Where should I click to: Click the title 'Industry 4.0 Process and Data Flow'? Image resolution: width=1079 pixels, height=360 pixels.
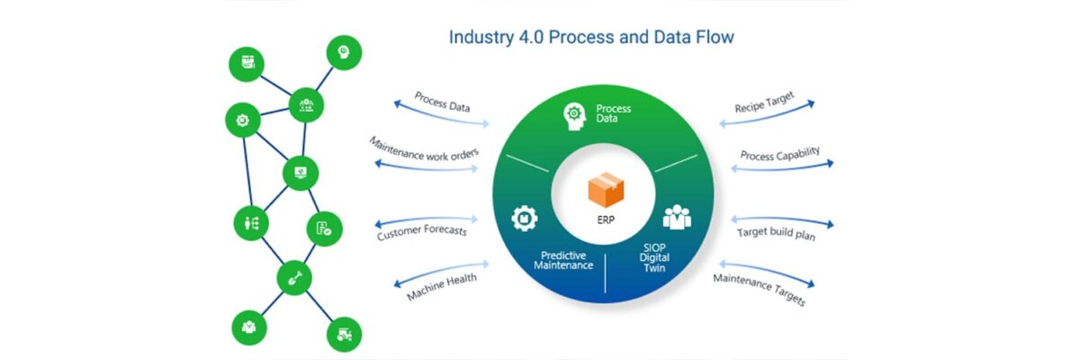tap(591, 38)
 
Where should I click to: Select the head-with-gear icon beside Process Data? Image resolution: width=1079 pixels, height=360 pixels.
tap(574, 114)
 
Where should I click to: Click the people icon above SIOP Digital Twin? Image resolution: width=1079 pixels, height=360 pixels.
tap(677, 217)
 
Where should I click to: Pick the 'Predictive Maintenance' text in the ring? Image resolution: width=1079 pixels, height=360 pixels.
tap(563, 259)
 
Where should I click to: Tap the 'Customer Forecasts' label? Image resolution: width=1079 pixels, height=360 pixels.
tap(422, 232)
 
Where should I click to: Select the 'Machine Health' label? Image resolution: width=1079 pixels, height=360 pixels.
tap(442, 287)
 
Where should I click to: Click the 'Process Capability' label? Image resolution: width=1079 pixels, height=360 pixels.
tap(779, 154)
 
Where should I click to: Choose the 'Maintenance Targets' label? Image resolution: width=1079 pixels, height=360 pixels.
tap(759, 290)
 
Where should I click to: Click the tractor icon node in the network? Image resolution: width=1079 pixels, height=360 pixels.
tap(344, 334)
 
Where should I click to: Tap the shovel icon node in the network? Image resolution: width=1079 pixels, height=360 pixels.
tap(293, 277)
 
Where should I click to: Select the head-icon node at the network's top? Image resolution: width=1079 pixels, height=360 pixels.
tap(343, 52)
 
